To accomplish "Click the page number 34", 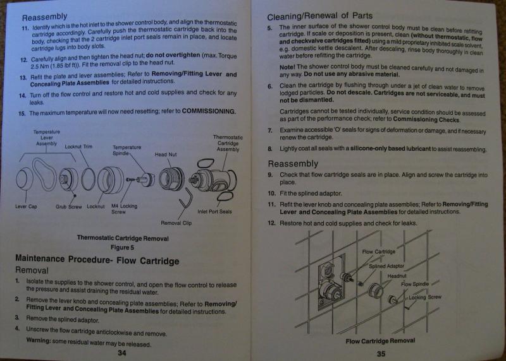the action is point(122,353).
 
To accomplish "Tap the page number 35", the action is point(381,353).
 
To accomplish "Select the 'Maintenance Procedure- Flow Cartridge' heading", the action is point(97,259).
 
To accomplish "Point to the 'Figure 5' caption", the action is point(122,247).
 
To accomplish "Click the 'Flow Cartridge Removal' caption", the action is point(381,341).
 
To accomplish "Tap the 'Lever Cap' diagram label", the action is point(26,206).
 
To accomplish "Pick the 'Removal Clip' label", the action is point(176,223).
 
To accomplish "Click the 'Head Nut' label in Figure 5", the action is point(166,155).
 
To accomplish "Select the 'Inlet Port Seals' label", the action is point(214,211).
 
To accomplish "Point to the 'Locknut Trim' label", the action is point(78,146).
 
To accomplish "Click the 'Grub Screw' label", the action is point(69,206).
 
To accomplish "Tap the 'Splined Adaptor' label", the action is point(386,266).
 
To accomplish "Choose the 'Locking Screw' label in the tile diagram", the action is point(424,297).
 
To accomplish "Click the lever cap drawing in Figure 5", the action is point(25,179).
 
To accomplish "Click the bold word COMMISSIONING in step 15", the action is point(209,111).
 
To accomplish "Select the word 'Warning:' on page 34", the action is point(39,340).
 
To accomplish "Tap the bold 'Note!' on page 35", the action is point(287,67).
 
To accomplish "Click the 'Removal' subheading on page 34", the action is point(32,270).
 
